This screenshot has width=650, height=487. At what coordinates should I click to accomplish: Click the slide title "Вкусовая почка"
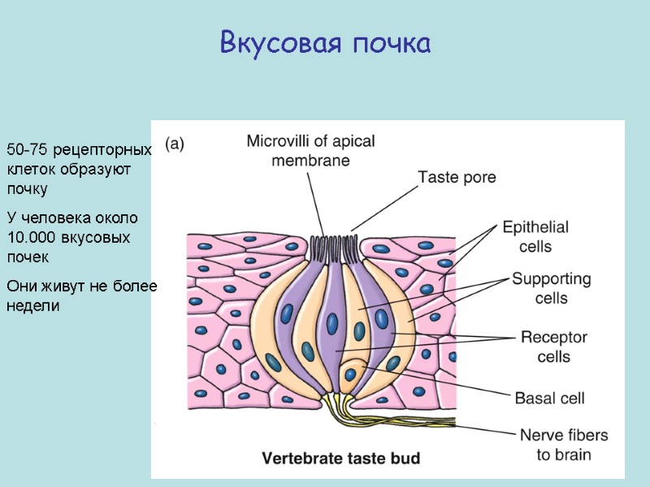(325, 43)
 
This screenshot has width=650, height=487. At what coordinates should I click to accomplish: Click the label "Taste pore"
(457, 175)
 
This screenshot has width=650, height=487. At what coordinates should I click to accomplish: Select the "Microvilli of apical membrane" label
(310, 150)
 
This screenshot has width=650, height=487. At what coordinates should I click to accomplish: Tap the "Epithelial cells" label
(535, 236)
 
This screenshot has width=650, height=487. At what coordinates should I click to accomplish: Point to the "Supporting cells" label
(551, 288)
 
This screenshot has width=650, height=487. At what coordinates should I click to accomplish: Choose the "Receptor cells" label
(553, 347)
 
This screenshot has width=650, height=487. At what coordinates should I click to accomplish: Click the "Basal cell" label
(549, 399)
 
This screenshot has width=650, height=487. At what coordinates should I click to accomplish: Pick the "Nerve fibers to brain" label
(560, 445)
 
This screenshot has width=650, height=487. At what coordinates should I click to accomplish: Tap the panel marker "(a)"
(175, 144)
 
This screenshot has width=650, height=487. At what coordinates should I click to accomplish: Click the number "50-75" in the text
(25, 151)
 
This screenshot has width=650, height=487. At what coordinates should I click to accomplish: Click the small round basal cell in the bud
(350, 374)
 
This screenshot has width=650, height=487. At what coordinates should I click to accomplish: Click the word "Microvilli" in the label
(279, 140)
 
